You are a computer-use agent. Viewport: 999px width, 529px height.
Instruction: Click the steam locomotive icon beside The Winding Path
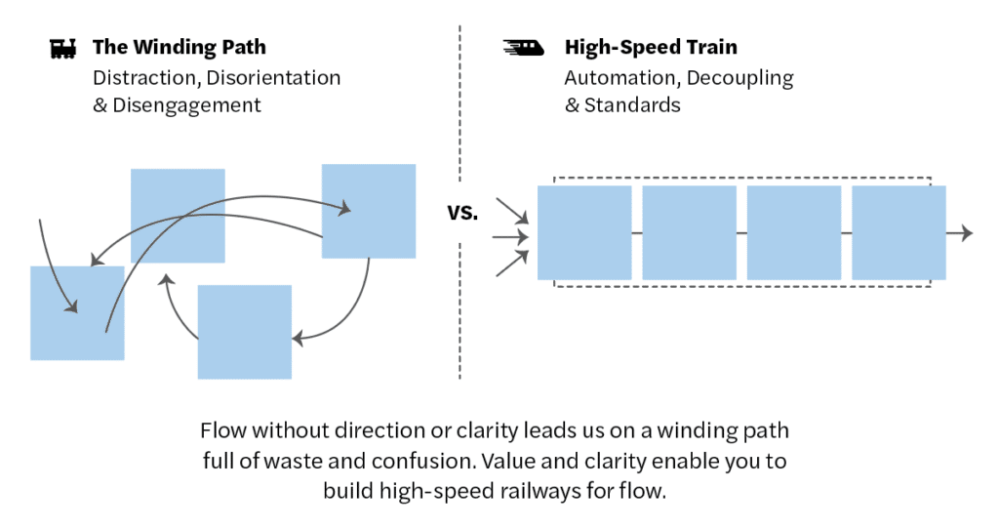coord(63,48)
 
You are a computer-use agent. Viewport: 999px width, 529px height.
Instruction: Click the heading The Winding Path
coord(179,47)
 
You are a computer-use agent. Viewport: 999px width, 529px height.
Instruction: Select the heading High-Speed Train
coord(651,47)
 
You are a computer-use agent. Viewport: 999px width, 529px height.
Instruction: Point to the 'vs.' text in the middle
coord(462,212)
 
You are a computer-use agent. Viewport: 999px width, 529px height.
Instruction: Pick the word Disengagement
coord(186,104)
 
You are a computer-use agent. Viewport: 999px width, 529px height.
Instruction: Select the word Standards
coord(632,104)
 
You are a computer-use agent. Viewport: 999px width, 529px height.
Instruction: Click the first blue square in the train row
coord(584,233)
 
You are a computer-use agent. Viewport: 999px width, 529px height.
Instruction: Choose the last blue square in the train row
coord(899,233)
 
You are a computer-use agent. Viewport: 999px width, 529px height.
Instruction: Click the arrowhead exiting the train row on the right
coord(966,233)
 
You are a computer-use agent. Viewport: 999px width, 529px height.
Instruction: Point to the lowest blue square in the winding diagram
coord(244,332)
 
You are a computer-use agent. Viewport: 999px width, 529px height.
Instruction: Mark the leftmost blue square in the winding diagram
coord(77,312)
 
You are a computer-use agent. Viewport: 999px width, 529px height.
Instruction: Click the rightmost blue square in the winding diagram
coord(369,211)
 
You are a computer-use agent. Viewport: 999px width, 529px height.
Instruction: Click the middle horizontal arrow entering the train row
coord(511,236)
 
